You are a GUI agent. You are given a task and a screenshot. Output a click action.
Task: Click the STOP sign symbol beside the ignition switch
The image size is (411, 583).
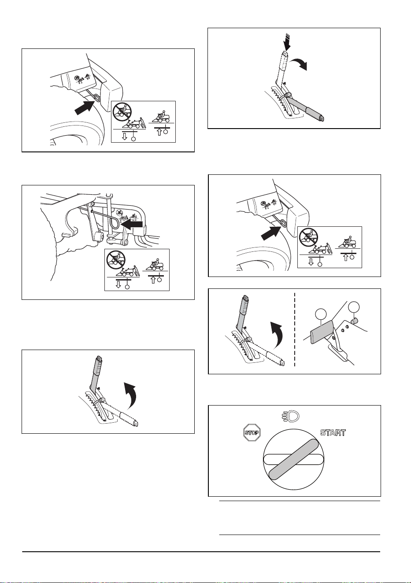pos(252,433)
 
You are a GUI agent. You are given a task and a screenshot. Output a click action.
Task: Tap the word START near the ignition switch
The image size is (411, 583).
pos(333,433)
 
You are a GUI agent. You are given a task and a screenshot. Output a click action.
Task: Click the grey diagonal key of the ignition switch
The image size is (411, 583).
pos(294,459)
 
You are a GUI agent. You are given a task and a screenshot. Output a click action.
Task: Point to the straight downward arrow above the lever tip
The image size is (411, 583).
pos(288,42)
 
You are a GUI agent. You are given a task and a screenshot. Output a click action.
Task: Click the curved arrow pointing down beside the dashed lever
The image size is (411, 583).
pos(300,64)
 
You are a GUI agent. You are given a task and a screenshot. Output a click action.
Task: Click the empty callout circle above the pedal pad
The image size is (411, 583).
pos(321,314)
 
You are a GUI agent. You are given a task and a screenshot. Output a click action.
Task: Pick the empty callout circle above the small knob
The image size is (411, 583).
pos(354,307)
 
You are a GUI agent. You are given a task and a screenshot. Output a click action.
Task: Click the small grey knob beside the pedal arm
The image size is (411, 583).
pos(353,321)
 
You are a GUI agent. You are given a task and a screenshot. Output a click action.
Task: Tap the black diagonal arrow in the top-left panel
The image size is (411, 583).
pos(85,107)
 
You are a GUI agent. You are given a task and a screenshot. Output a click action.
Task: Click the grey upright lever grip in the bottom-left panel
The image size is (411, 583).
pos(96,374)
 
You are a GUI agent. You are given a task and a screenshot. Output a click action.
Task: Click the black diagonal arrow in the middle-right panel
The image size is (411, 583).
pos(271,232)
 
